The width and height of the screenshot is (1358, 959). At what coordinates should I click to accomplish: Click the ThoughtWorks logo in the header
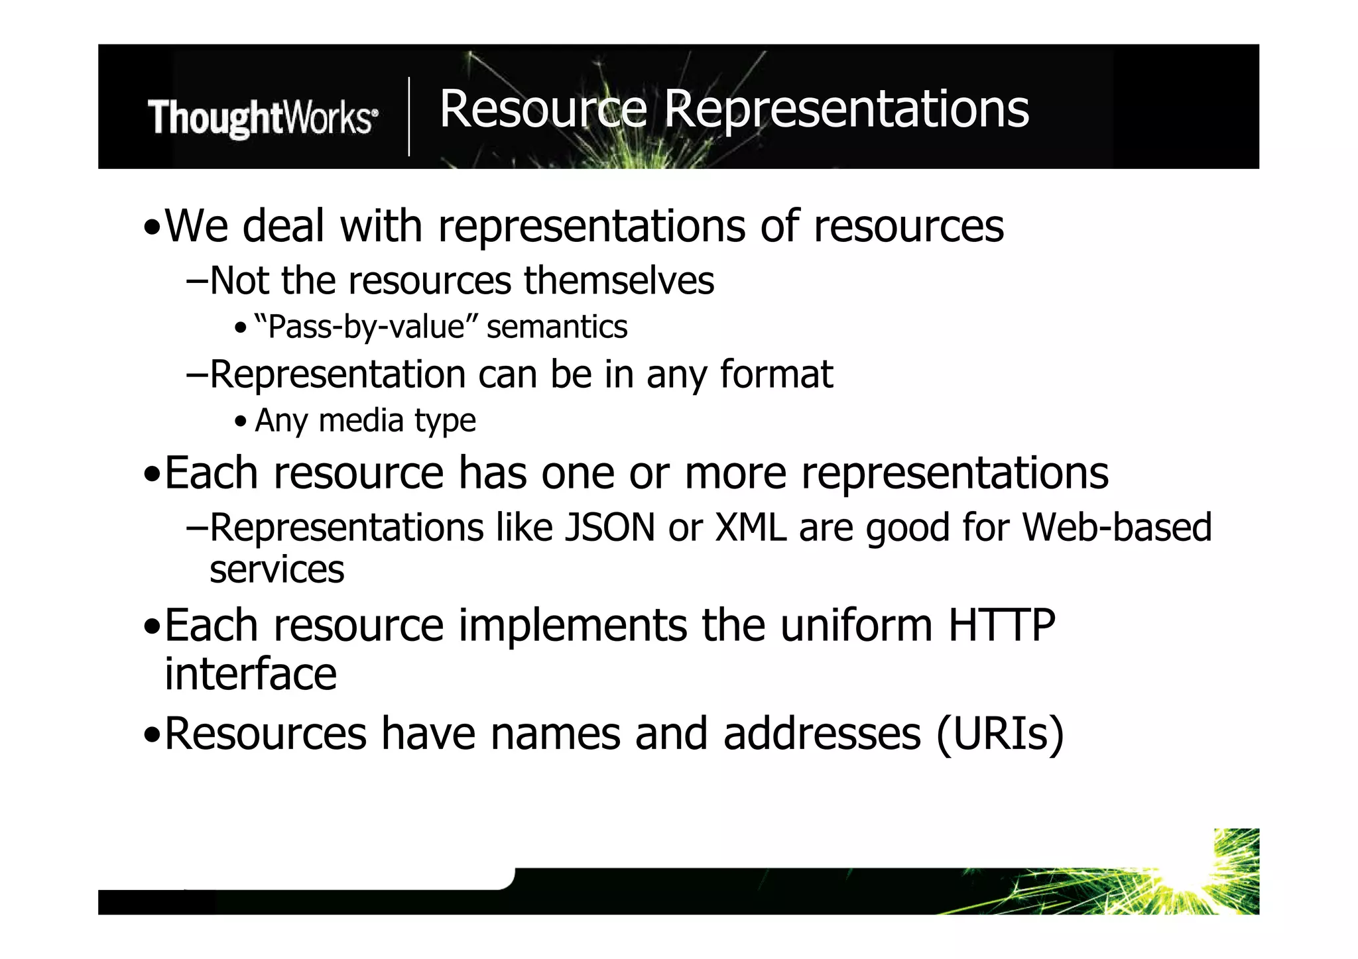click(263, 118)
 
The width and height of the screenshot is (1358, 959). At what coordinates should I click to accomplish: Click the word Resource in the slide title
click(542, 109)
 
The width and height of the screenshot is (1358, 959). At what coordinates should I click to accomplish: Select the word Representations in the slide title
click(846, 110)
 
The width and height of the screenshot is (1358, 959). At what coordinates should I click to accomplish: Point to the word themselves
click(619, 280)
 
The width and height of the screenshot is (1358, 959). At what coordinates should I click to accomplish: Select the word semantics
click(557, 327)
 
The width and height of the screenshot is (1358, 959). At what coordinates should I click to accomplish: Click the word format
click(776, 374)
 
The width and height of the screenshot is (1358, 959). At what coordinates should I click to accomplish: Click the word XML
click(751, 528)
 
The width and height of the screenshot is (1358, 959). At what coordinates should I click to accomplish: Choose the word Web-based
click(1117, 528)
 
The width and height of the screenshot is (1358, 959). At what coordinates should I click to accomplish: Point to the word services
click(277, 569)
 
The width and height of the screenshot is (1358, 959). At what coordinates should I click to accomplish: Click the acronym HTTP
click(1001, 625)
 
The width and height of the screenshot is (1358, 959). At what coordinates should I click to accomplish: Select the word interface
click(251, 674)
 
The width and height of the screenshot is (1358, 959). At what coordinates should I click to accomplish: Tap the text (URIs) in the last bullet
click(1000, 734)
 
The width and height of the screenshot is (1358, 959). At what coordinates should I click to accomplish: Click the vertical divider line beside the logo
click(409, 117)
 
